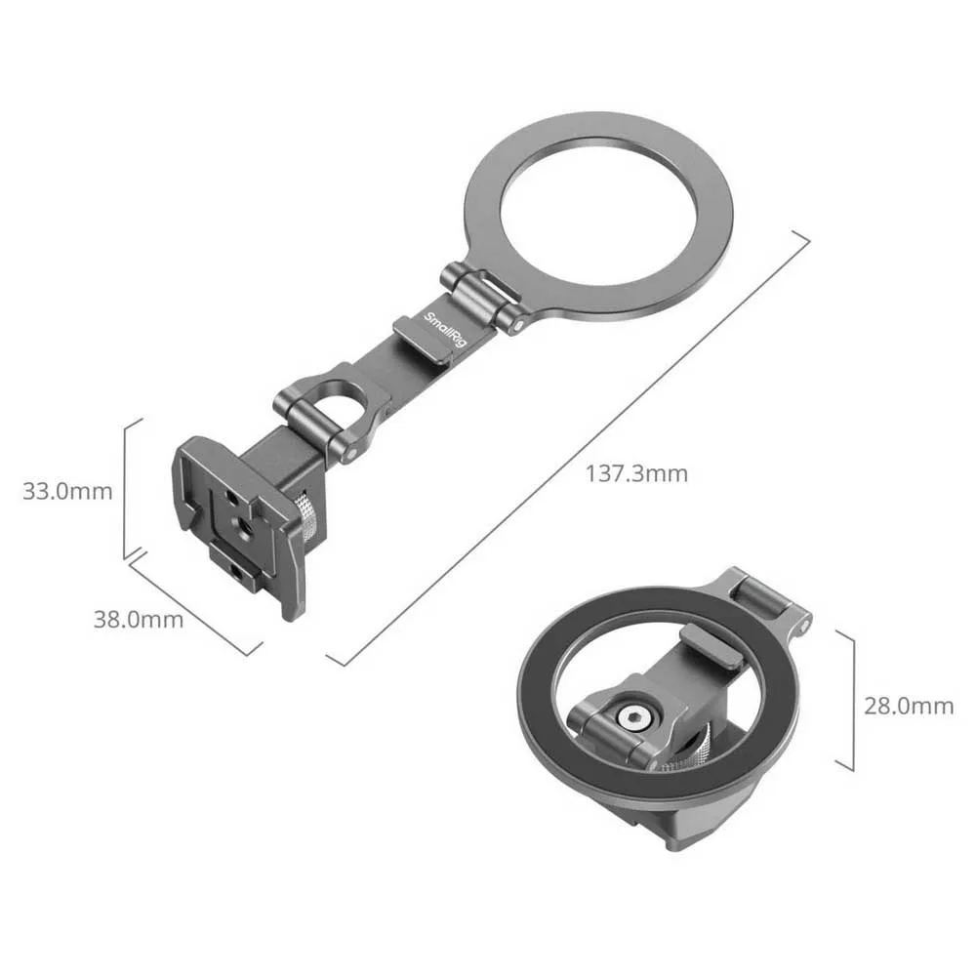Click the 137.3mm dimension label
click(x=636, y=473)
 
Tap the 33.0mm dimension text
click(x=67, y=491)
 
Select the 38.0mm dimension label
click(x=139, y=620)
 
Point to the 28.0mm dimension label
click(x=908, y=706)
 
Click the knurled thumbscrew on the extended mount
click(x=306, y=516)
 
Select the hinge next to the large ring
click(x=481, y=298)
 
